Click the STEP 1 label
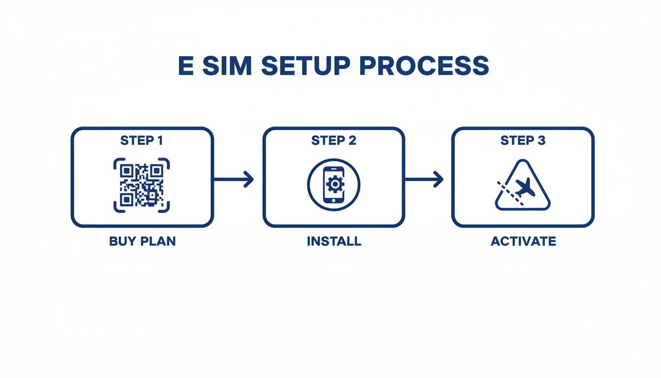click(142, 141)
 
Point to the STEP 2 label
click(334, 141)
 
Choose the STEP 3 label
click(523, 141)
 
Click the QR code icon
click(142, 185)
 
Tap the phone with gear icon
click(334, 185)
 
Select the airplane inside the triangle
click(525, 187)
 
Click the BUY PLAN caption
click(142, 242)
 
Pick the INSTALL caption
click(334, 242)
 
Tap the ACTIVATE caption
click(523, 242)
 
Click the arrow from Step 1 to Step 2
click(234, 180)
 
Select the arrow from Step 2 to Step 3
click(423, 180)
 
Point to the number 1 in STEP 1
click(159, 141)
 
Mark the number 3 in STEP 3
click(541, 141)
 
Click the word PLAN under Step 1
click(158, 242)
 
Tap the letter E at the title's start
click(185, 66)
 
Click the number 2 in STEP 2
click(352, 141)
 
